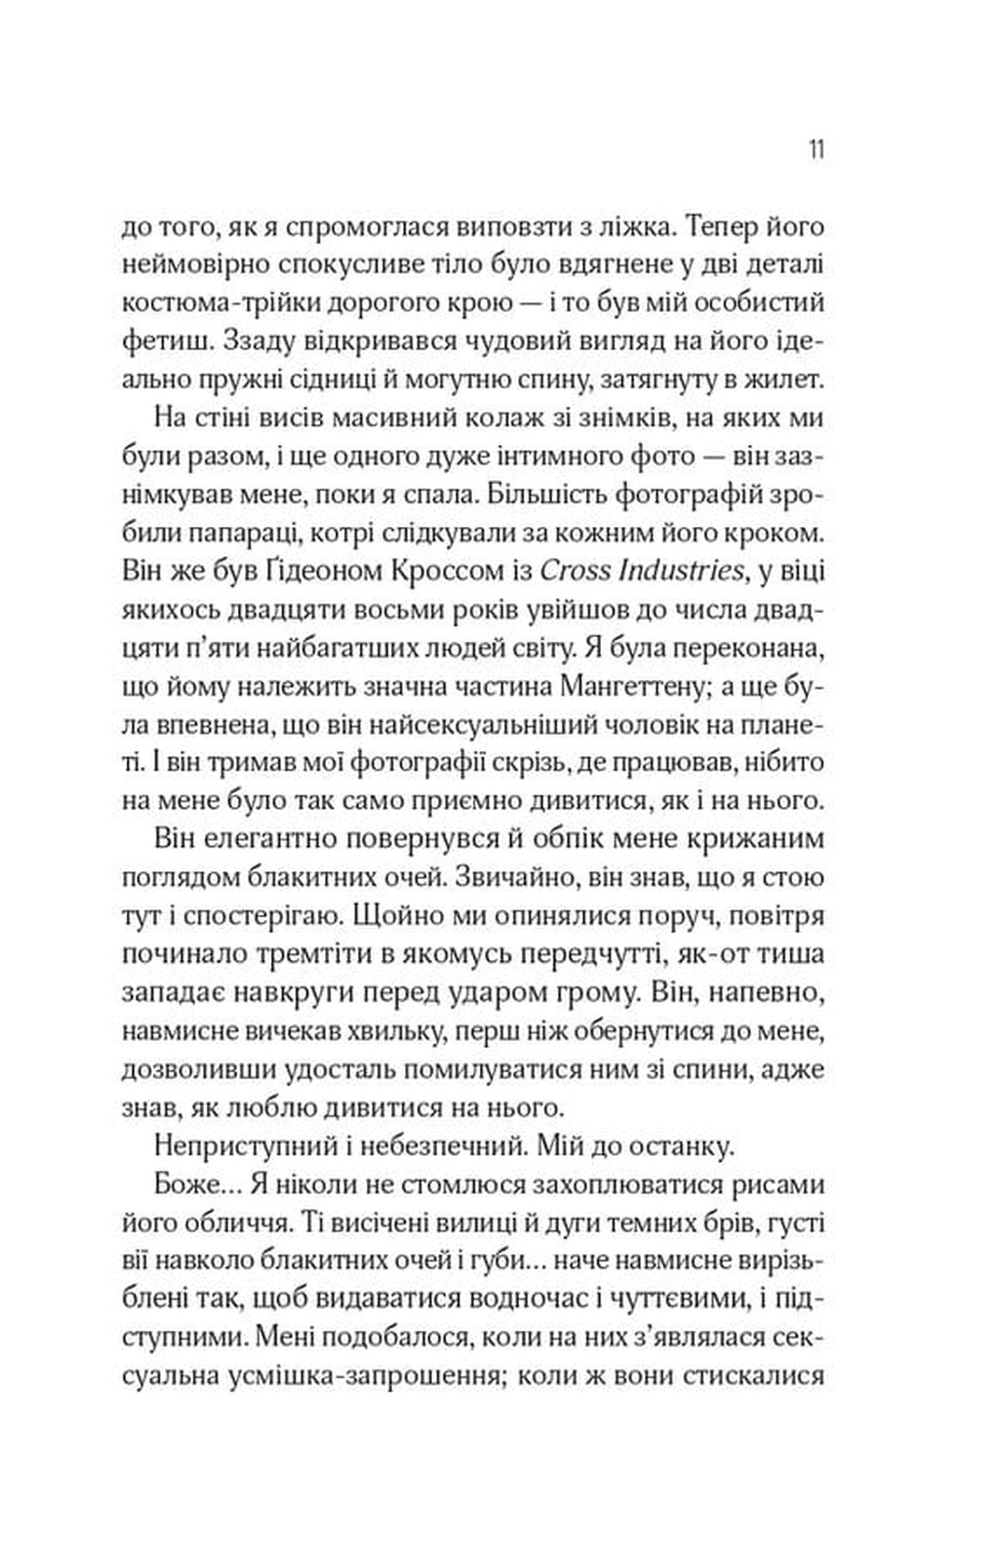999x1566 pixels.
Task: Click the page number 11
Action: [x=817, y=151]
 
